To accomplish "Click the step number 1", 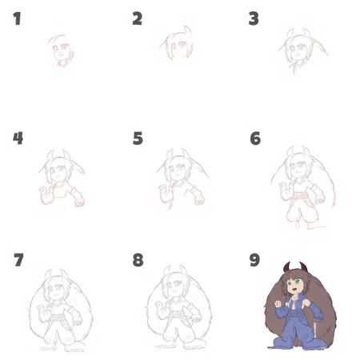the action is [18, 18].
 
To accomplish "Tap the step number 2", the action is [137, 18].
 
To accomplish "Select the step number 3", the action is [254, 18].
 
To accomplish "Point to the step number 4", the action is [18, 138].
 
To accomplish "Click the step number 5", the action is [138, 138].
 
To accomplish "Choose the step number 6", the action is [255, 138].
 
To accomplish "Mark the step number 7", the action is [18, 260].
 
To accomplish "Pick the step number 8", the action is [138, 260].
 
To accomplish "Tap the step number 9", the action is [254, 260].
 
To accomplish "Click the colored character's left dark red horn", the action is [286, 267].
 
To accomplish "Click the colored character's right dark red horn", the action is [303, 267].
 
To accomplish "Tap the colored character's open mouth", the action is [294, 288].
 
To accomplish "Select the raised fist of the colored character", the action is [278, 303].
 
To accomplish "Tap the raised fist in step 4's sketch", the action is [42, 189].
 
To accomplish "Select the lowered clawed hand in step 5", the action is [199, 201].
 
